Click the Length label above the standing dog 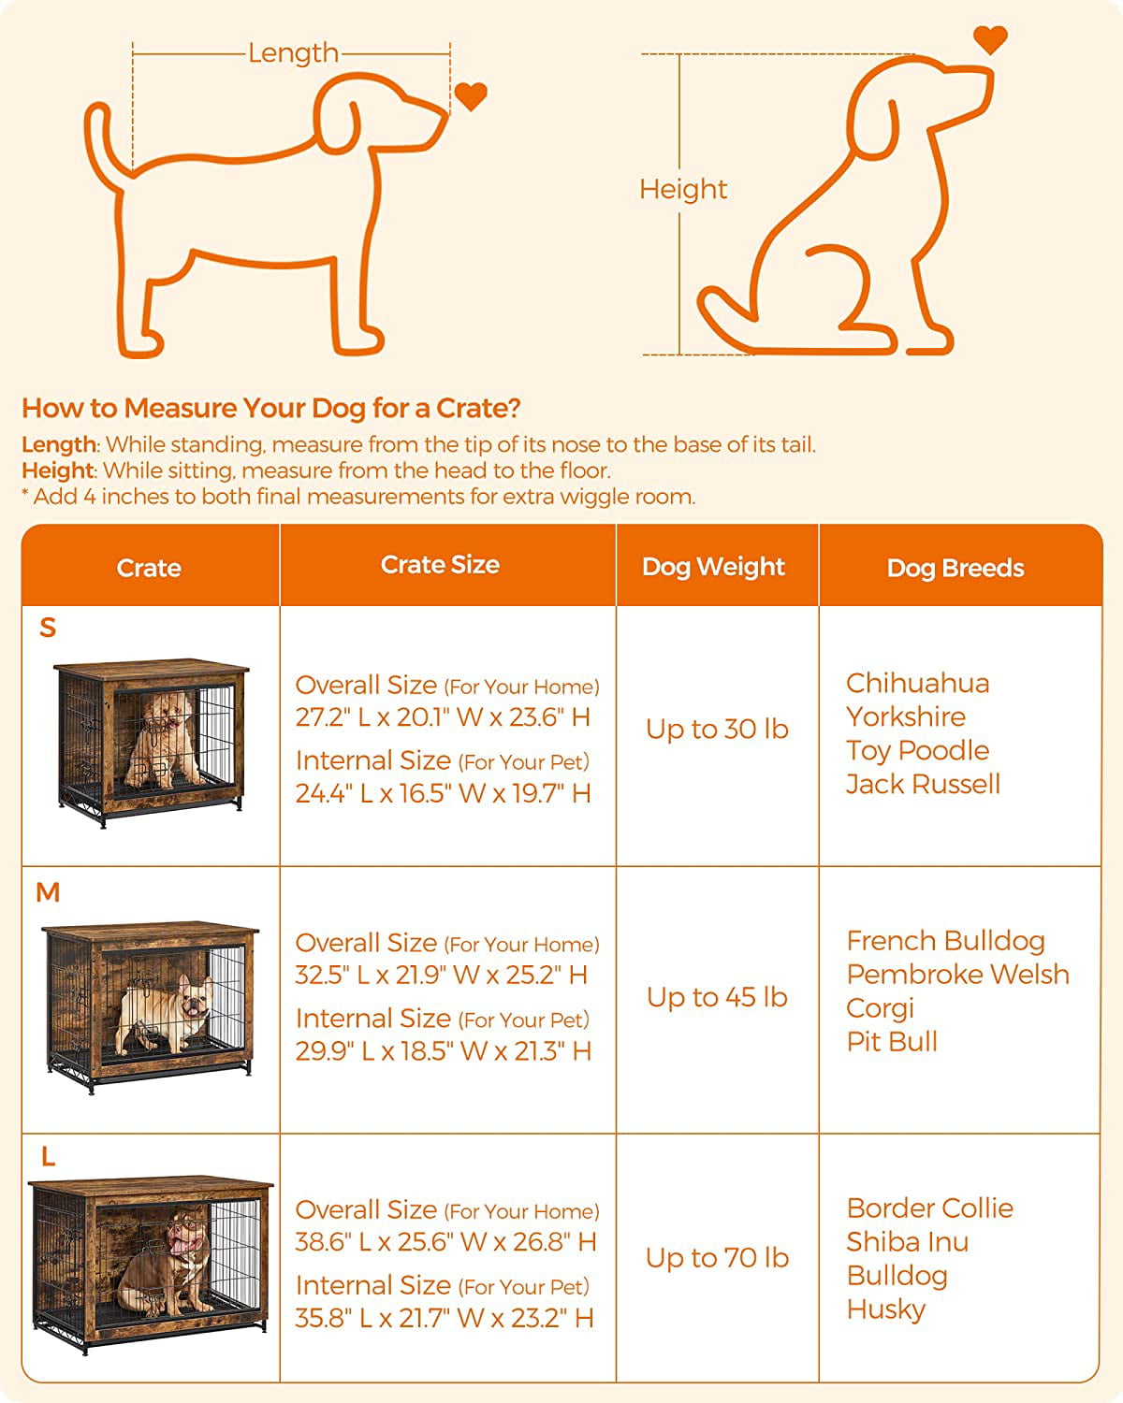293,53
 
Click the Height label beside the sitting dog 682,189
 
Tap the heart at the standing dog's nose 470,95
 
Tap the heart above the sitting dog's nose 990,39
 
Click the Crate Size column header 440,565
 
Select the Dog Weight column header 713,567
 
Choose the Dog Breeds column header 955,568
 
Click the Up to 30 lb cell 717,730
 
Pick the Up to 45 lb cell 717,997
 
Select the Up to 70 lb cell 717,1258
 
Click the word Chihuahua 917,684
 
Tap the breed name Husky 885,1309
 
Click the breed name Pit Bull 892,1042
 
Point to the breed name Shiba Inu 907,1242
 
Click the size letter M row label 48,893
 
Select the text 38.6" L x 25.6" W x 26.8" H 445,1242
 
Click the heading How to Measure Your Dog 271,408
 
